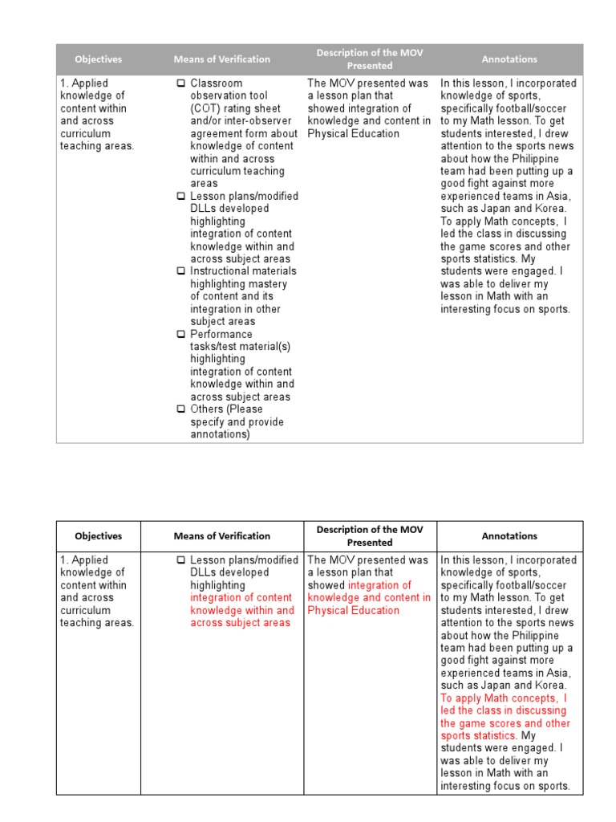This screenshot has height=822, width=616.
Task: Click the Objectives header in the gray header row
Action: tap(99, 59)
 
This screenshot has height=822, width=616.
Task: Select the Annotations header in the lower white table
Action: tap(509, 536)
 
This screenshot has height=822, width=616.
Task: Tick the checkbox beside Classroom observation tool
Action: tap(181, 83)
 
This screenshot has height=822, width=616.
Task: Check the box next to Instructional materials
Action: tap(181, 271)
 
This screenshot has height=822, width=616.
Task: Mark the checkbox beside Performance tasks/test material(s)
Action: tap(181, 334)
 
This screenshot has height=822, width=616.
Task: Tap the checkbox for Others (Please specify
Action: tap(181, 409)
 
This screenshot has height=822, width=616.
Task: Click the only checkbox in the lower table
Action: tap(181, 560)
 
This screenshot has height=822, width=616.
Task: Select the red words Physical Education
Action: tap(353, 610)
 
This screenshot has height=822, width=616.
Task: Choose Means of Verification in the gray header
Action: tap(222, 59)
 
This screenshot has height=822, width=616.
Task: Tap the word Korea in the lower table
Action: tap(550, 686)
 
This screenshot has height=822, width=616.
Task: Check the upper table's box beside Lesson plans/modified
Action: tap(181, 197)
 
